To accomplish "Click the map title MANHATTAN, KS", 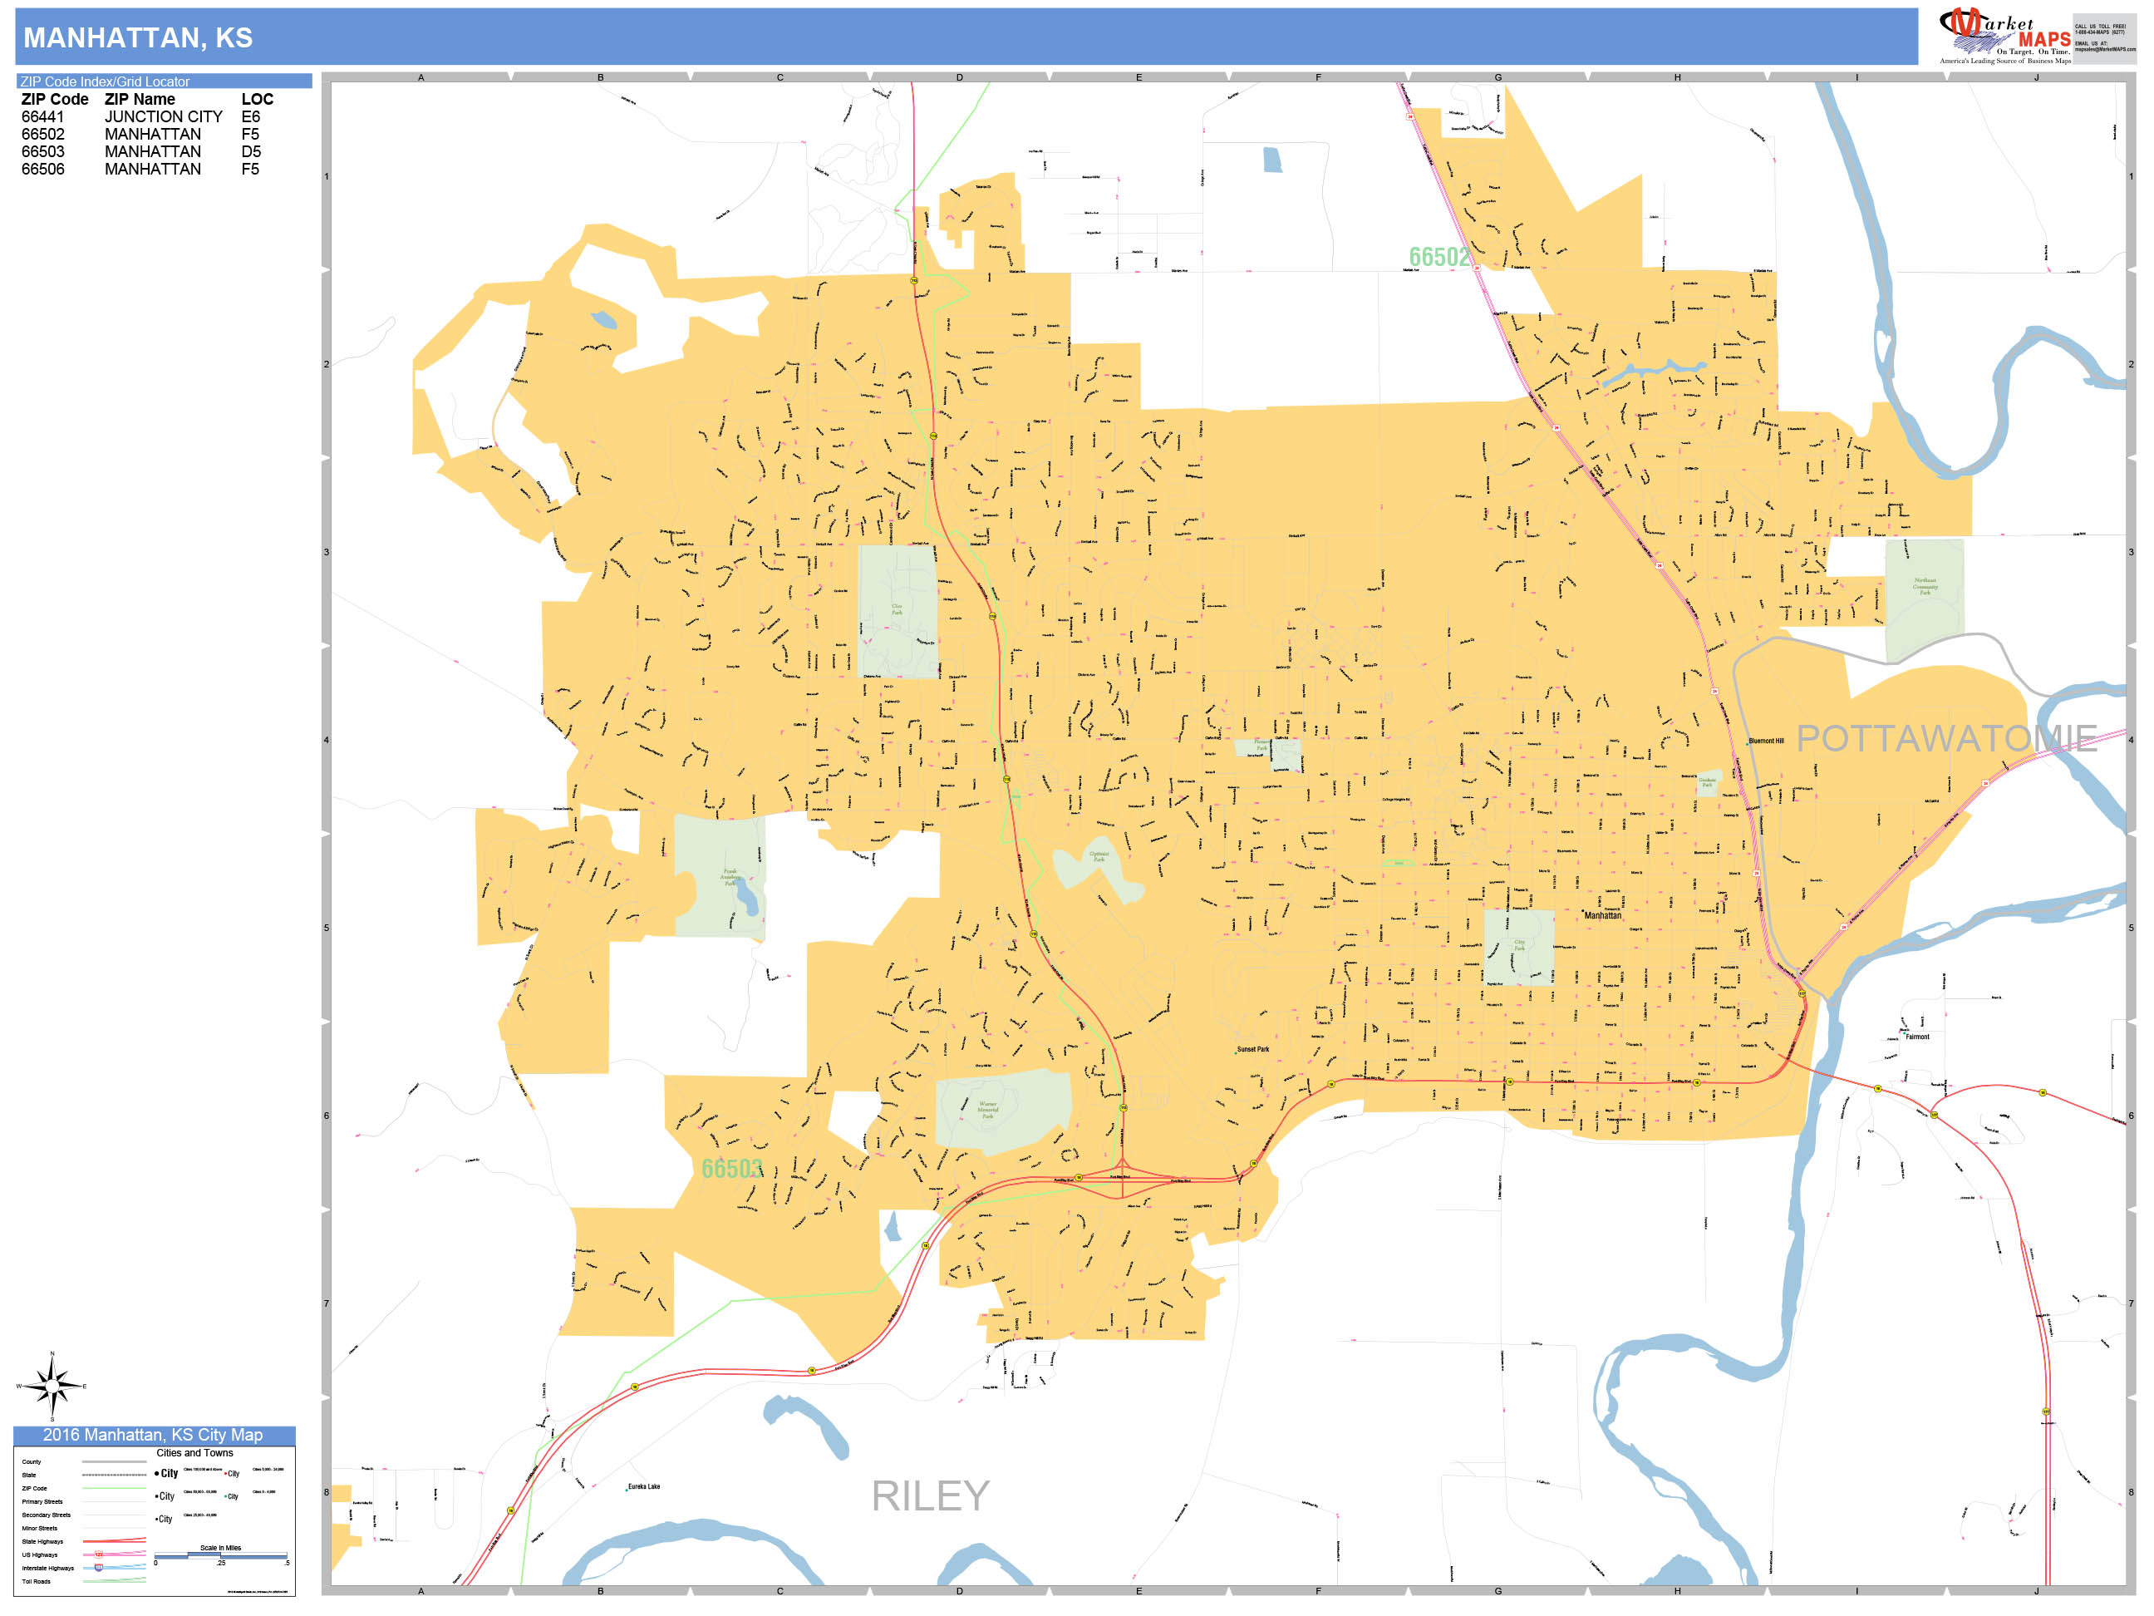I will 137,38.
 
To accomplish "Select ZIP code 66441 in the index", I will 43,117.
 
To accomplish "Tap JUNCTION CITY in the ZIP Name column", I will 164,117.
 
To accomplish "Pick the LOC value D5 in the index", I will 250,152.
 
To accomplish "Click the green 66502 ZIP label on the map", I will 1438,257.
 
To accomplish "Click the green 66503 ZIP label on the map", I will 731,1169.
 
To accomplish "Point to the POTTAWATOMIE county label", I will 1945,738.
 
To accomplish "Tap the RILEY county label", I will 930,1496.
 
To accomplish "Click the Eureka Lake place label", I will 644,1486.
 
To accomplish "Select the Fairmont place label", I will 1916,1037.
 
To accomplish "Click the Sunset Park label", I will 1252,1049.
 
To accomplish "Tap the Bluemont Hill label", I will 1765,741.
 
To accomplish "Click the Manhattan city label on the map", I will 1602,915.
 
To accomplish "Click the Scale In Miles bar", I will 220,1555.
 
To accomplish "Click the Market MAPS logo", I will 2004,36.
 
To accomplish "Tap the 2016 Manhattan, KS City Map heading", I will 153,1435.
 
